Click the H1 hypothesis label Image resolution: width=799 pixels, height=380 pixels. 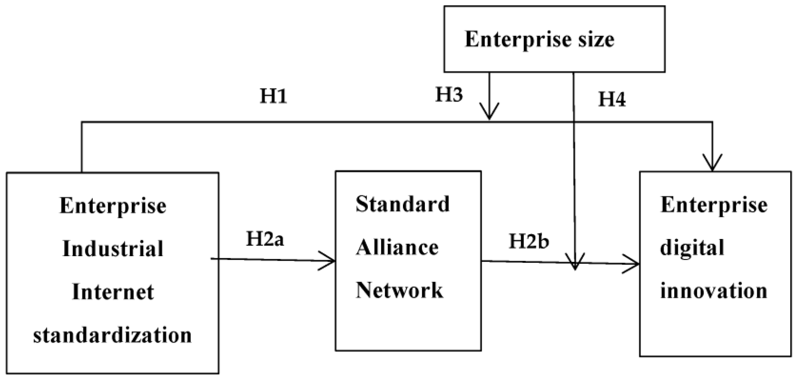pos(274,96)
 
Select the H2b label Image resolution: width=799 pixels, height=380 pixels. pos(529,241)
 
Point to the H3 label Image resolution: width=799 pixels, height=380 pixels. pos(449,94)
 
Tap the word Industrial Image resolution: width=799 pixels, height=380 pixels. pos(113,248)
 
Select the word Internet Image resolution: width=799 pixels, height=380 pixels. pos(113,292)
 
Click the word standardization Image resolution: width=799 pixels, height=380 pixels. pos(113,335)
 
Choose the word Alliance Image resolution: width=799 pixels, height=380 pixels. pos(397,248)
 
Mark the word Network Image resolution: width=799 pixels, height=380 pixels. pos(399,290)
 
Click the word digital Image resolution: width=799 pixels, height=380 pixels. pos(692,248)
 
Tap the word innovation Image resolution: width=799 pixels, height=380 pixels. pos(713,291)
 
